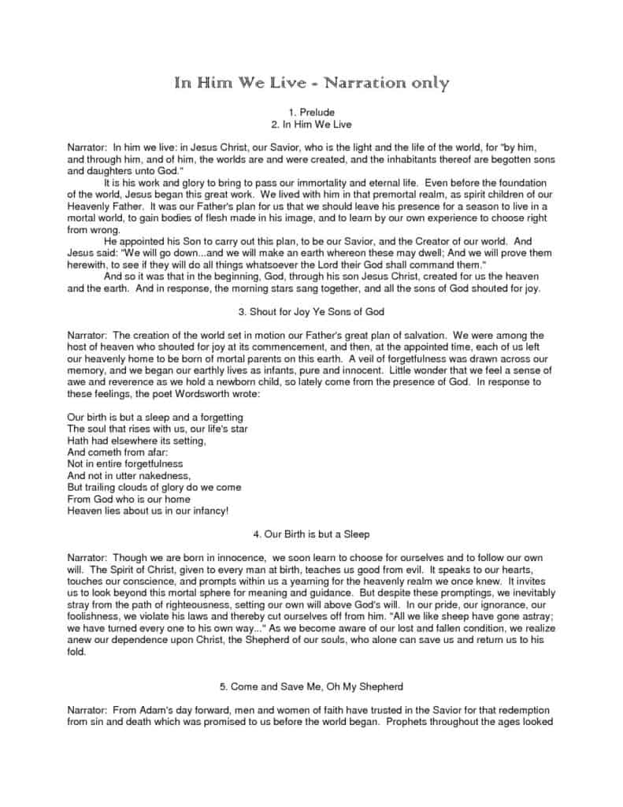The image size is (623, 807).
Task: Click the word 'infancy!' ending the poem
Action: (x=207, y=511)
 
